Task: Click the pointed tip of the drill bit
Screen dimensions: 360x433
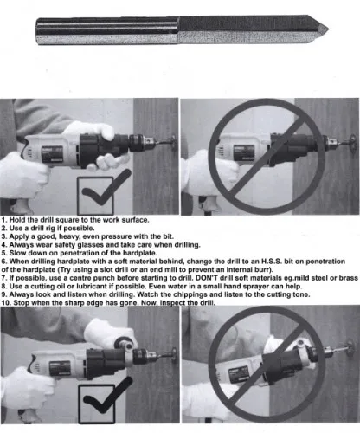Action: [328, 29]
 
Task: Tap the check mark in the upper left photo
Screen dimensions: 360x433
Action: [105, 189]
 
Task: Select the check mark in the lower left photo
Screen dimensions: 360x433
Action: [106, 396]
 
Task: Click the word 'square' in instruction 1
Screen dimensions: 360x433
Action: [67, 220]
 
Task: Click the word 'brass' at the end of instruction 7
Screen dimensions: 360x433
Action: [349, 278]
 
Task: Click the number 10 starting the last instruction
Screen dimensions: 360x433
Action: [6, 303]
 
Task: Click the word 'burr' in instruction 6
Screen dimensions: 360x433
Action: [262, 270]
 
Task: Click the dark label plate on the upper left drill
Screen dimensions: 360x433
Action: [52, 154]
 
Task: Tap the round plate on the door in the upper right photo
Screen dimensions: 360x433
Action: [353, 145]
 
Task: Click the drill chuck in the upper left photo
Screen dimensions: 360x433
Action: [142, 144]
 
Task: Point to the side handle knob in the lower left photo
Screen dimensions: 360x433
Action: [126, 343]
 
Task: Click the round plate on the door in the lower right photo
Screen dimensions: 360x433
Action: [350, 348]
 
